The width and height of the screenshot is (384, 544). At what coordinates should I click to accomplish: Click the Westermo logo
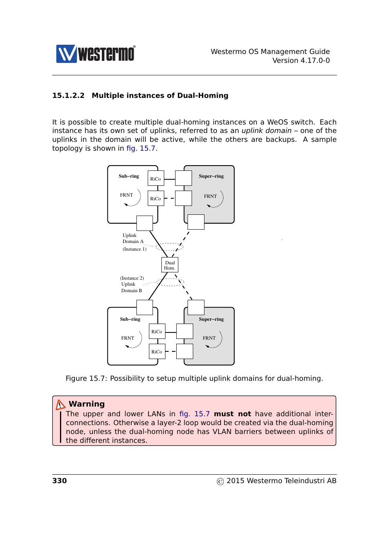coord(96,54)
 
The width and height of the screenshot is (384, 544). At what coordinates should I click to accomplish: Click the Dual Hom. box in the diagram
coord(170,265)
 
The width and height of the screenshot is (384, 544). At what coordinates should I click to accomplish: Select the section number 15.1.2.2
coord(68,96)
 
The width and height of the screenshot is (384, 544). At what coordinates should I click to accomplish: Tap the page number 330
coord(60,481)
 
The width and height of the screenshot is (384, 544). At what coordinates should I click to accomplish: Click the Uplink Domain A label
coord(133,238)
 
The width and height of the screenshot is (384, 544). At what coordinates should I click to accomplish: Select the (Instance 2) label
coord(132,278)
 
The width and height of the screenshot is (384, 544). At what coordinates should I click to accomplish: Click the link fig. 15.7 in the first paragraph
coord(141,148)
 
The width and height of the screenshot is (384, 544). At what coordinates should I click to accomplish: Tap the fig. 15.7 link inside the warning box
coord(194,414)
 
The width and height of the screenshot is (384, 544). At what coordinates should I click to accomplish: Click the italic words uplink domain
coord(266,131)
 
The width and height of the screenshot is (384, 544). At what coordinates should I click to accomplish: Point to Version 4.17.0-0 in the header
coord(301,60)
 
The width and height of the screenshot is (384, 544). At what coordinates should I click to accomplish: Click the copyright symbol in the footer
coord(220,482)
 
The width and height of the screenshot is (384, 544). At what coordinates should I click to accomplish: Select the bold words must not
coord(232,414)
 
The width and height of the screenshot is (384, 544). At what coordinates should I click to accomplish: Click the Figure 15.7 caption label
coord(86,378)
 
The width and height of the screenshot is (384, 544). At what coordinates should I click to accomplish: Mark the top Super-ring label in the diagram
coord(211,176)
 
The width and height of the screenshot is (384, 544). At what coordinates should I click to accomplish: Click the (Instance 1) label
coord(134,249)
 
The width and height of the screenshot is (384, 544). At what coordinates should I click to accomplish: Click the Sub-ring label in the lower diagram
coord(130,319)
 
